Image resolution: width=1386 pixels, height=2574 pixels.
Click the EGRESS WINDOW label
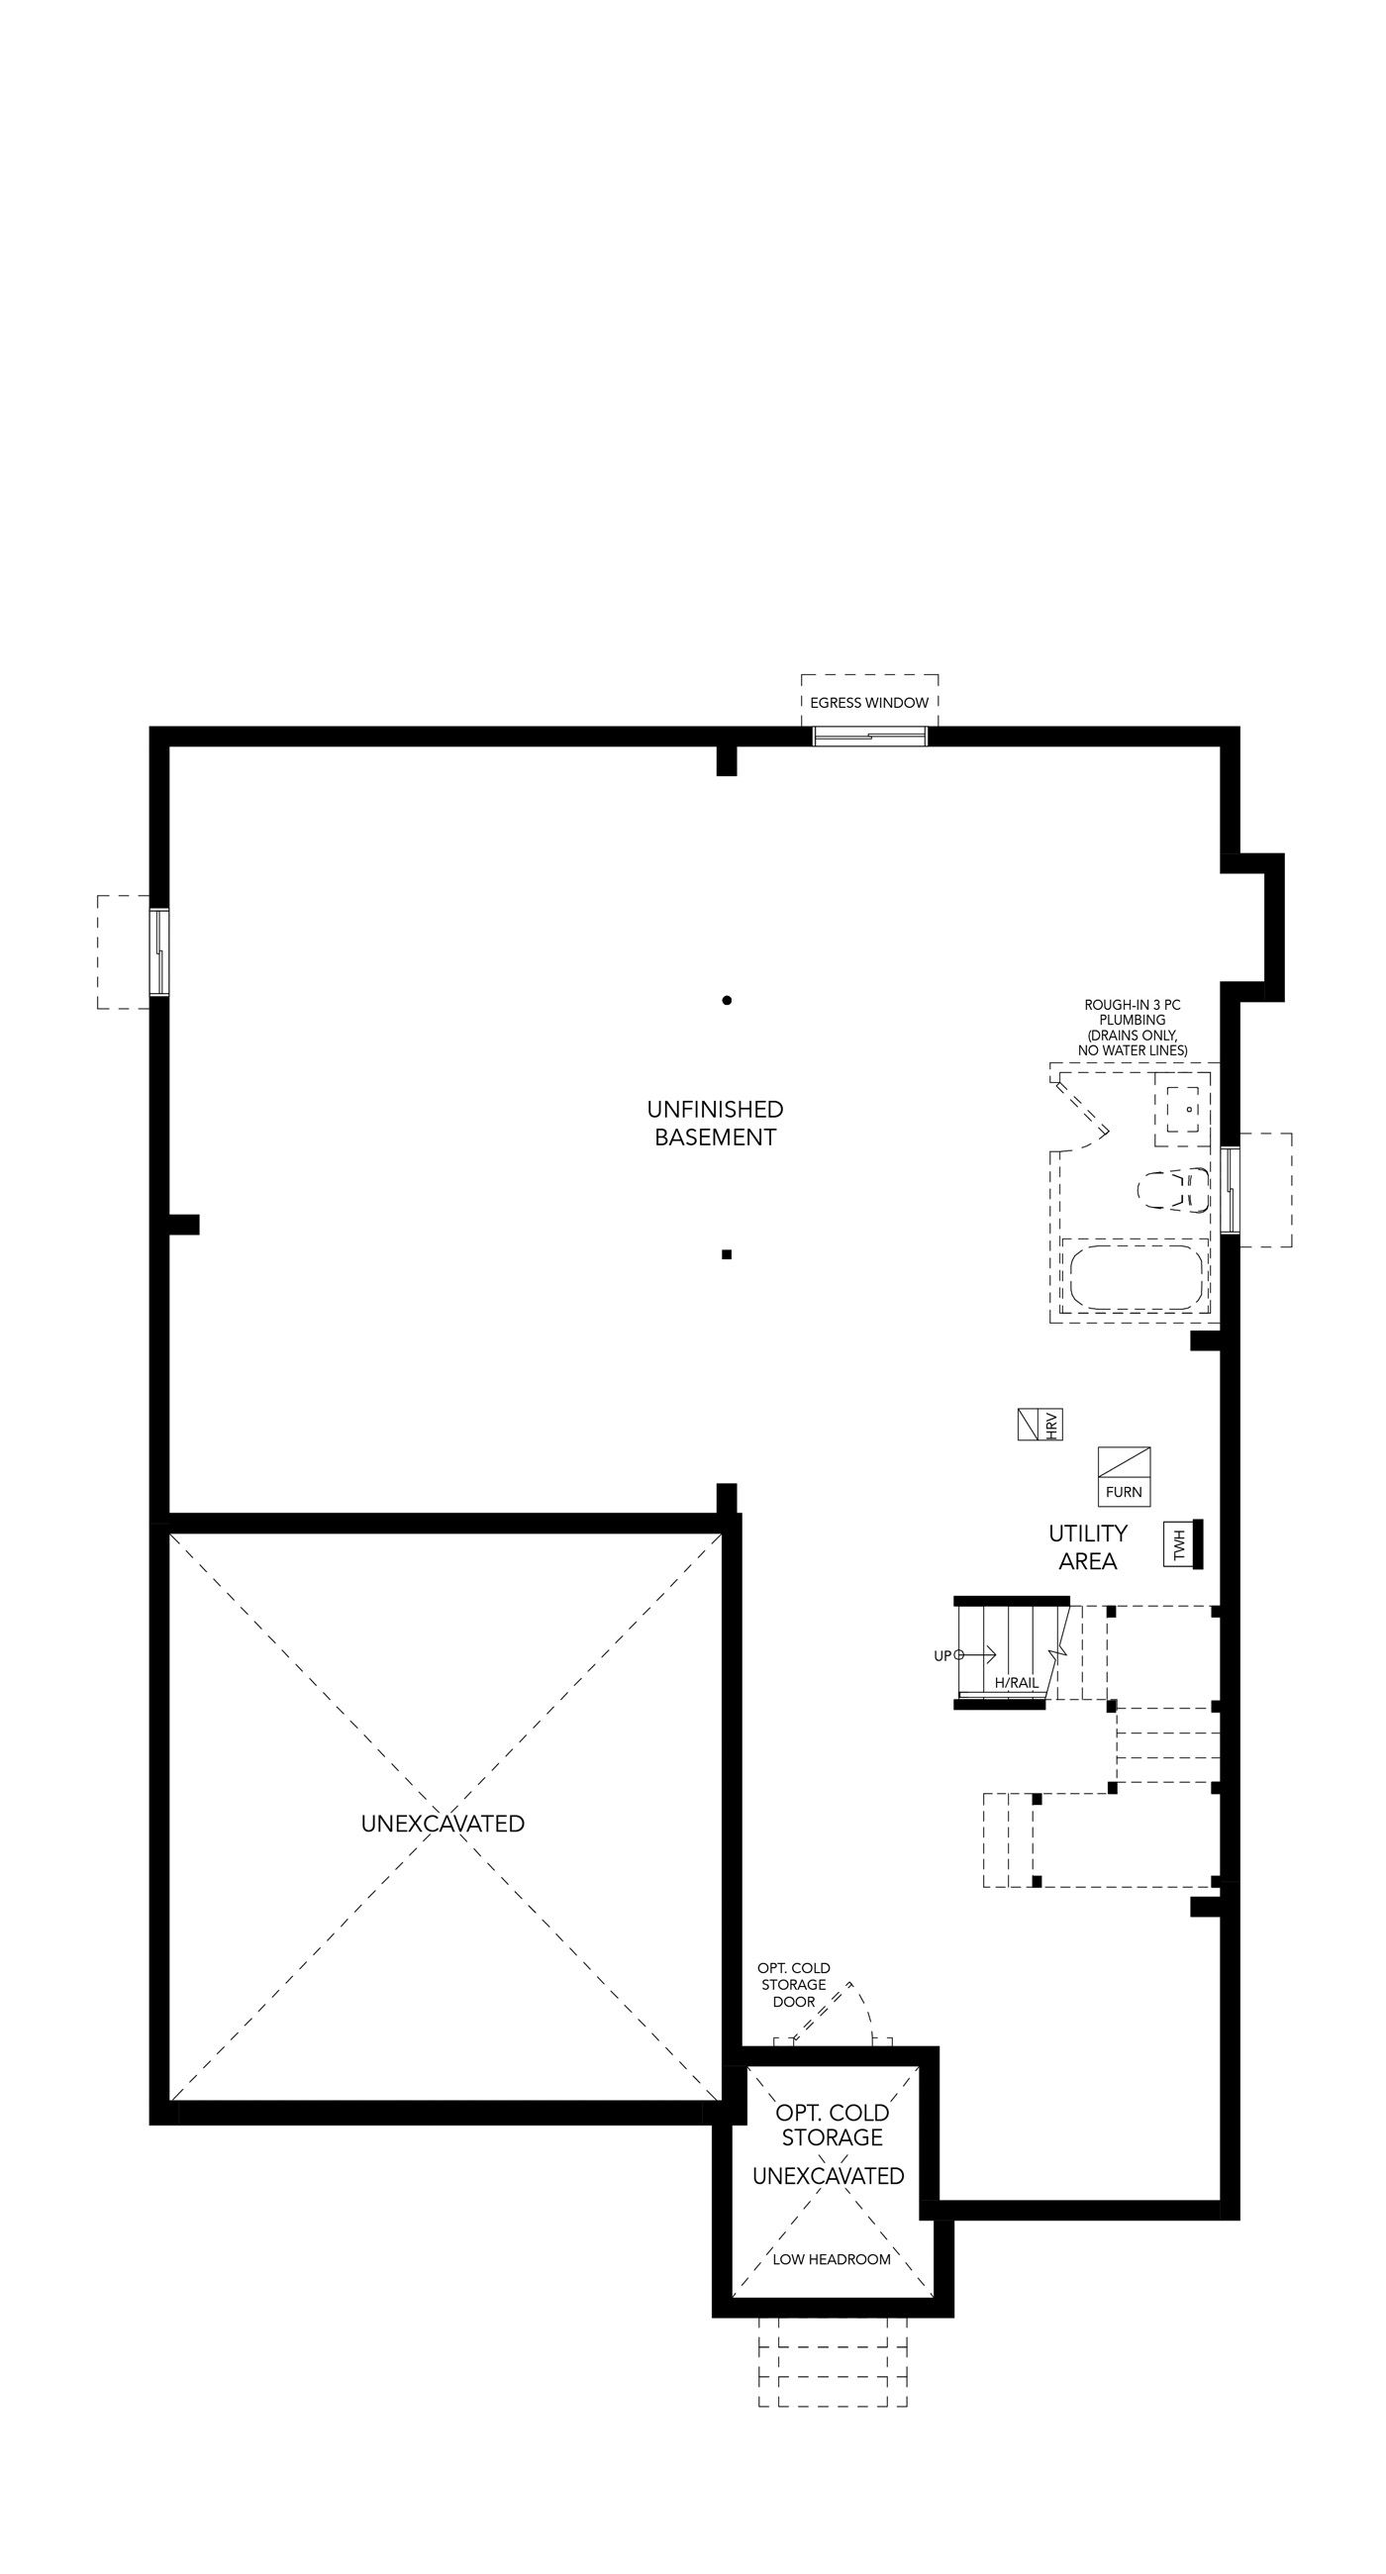(x=868, y=703)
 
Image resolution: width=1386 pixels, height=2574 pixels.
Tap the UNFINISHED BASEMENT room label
(x=715, y=1123)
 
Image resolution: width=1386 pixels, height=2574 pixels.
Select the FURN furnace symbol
(x=1125, y=1476)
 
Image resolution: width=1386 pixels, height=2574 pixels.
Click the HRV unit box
(x=1039, y=1425)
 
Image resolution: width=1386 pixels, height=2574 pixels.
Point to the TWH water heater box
(x=1179, y=1545)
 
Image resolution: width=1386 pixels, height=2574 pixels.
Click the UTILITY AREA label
(x=1087, y=1546)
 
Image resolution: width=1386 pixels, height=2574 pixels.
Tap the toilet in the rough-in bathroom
(x=1174, y=1190)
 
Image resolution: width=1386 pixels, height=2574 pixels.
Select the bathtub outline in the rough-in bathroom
(x=1137, y=1276)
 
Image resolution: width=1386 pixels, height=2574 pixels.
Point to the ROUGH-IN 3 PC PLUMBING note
(x=1133, y=1028)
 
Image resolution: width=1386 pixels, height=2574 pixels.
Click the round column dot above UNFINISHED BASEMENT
(x=727, y=1000)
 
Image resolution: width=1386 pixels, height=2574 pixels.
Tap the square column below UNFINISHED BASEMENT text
(x=727, y=1254)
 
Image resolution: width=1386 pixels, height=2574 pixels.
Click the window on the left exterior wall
(x=158, y=952)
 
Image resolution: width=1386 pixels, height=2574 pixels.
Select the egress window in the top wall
(x=869, y=737)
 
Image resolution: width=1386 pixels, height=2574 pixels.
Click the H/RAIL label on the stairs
(x=1017, y=1684)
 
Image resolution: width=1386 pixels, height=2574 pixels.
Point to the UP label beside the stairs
(x=942, y=1655)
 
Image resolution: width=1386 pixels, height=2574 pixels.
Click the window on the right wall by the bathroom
(x=1231, y=1190)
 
